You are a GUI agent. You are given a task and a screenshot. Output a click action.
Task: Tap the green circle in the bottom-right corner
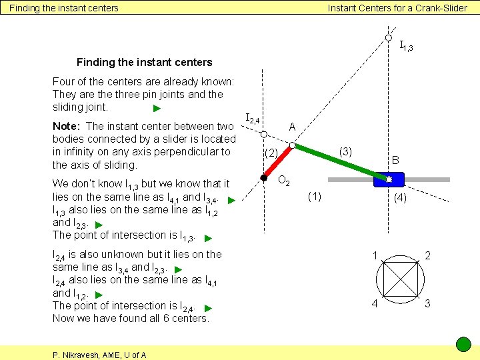(x=463, y=345)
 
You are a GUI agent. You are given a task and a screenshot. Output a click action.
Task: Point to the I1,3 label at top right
(x=406, y=47)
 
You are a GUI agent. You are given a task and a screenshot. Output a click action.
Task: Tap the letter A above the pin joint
(x=293, y=127)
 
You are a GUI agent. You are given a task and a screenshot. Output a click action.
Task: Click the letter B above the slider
(x=395, y=160)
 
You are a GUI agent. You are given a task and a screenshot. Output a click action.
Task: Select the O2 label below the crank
(x=283, y=180)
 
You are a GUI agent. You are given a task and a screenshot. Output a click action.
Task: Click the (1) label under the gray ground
(x=314, y=196)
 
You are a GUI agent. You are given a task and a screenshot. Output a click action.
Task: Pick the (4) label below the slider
(x=401, y=197)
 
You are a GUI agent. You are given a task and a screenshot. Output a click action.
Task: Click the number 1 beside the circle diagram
(x=376, y=255)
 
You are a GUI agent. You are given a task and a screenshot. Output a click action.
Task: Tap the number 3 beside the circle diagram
(x=427, y=303)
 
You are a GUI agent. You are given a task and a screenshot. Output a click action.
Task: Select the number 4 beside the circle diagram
(x=375, y=303)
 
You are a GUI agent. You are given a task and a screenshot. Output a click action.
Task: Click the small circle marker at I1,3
(x=389, y=38)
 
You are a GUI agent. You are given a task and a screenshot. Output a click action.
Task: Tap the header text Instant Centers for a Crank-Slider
(x=397, y=8)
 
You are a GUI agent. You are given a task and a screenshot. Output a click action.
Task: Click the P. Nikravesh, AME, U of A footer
(x=99, y=355)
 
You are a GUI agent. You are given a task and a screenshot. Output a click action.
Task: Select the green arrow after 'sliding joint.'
(x=157, y=109)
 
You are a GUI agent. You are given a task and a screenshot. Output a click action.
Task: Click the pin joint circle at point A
(x=291, y=145)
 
